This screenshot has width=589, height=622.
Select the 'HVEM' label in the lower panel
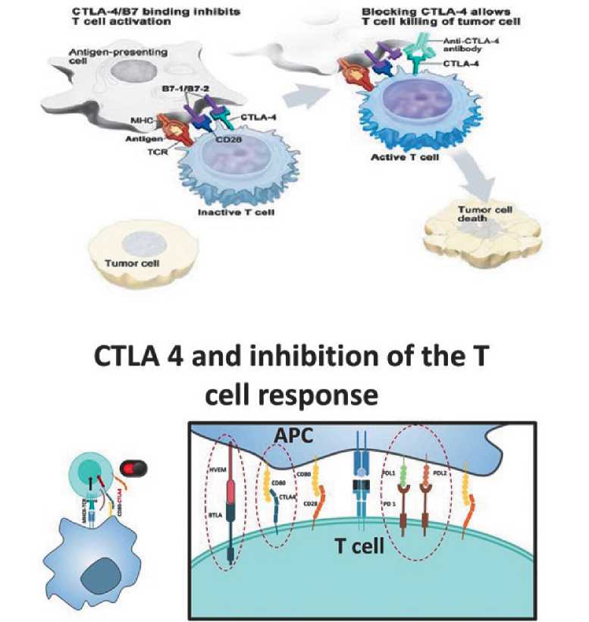point(218,473)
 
